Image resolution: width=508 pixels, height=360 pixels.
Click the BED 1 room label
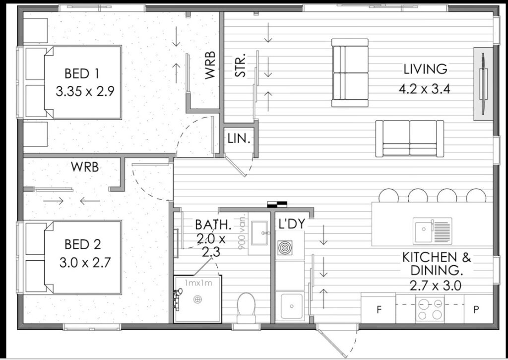point(82,73)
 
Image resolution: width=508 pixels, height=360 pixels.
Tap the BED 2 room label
point(83,244)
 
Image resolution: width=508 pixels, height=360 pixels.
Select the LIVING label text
point(425,69)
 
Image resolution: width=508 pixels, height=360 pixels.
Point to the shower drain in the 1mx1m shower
point(197,299)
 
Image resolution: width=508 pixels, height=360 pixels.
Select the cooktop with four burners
point(430,309)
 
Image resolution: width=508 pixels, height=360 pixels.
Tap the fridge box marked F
point(379,309)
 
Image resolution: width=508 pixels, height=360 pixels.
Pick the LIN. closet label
point(239,139)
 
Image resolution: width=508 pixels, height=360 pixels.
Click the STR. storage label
point(240,66)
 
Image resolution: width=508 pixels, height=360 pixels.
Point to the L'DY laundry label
point(292,224)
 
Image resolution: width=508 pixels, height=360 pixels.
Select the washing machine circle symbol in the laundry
point(285,248)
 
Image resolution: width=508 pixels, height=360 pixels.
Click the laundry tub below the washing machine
point(292,306)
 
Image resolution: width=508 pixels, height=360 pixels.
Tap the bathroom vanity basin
point(259,233)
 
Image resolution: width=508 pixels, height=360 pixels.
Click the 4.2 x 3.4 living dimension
point(425,89)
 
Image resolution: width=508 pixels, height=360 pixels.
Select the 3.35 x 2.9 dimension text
point(85,91)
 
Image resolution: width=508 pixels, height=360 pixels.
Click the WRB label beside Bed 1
point(210,65)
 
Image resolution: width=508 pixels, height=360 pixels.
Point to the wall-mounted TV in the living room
point(483,84)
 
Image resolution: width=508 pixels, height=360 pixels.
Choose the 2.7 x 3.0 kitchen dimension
point(436,286)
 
